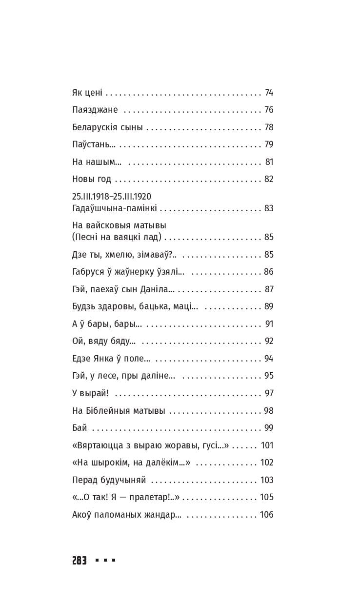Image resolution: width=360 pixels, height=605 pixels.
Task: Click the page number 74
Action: (269, 93)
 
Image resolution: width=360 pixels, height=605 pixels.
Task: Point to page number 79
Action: (269, 144)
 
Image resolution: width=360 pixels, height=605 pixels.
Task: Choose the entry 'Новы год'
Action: (91, 179)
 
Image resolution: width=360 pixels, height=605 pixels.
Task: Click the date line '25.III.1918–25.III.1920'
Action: (111, 197)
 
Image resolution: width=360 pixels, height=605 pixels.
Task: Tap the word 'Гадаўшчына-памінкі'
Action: (114, 209)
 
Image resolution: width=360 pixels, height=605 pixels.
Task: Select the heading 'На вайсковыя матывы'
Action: (119, 226)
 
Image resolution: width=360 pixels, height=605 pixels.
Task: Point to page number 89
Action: (269, 306)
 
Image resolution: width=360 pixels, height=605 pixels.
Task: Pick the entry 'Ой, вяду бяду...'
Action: (103, 341)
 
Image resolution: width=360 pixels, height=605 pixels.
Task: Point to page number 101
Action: (267, 445)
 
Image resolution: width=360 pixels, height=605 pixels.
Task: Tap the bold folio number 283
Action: (79, 561)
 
